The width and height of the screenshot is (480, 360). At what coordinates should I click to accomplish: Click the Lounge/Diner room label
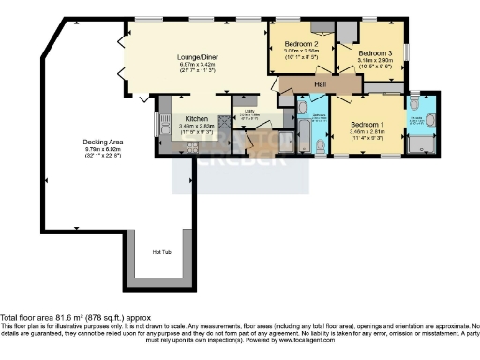pos(191,57)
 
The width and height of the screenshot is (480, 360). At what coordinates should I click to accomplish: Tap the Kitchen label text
pos(196,119)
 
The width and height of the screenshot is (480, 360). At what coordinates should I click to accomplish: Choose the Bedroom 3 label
pos(375,53)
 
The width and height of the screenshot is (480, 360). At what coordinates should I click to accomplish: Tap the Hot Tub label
pos(161,250)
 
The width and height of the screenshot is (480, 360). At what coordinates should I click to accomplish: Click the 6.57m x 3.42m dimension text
pos(191,66)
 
